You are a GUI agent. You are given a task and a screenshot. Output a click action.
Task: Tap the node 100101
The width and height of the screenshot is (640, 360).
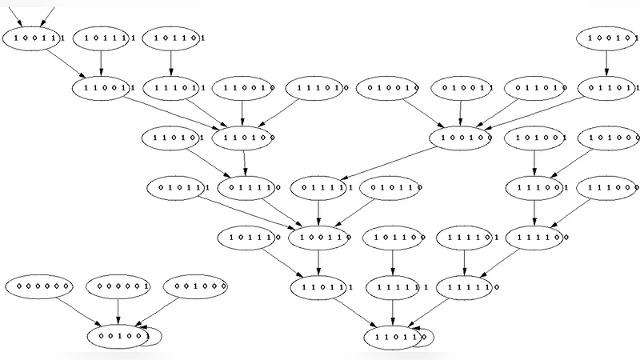[606, 38]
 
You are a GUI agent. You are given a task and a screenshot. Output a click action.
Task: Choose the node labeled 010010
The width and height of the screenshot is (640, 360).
[388, 87]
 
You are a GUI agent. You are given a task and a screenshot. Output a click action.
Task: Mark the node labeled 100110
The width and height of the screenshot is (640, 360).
[319, 237]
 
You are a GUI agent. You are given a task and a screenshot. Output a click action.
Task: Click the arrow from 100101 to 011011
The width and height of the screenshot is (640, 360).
[606, 62]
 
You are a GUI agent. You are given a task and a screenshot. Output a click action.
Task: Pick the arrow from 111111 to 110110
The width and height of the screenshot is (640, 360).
[392, 312]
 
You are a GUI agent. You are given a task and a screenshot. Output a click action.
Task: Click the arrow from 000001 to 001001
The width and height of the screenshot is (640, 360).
[118, 310]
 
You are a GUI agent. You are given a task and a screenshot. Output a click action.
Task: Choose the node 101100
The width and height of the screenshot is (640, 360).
[392, 237]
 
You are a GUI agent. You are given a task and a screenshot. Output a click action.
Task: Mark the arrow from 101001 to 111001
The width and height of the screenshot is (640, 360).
[534, 162]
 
